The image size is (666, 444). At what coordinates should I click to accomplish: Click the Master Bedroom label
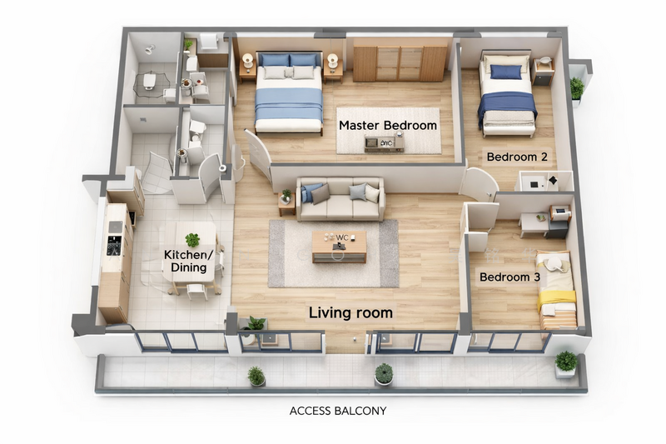(x=388, y=125)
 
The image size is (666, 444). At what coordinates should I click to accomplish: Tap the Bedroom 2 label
(x=517, y=157)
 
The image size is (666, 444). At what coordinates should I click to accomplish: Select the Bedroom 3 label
(x=509, y=277)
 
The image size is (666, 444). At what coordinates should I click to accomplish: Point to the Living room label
(x=350, y=312)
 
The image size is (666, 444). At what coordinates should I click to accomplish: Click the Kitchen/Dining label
(x=188, y=261)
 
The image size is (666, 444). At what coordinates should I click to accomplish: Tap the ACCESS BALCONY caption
(x=338, y=411)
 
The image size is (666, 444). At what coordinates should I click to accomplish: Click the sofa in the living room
(x=340, y=199)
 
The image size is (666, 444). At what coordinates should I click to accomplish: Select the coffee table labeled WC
(x=339, y=247)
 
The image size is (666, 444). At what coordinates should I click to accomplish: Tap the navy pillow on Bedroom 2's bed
(x=506, y=72)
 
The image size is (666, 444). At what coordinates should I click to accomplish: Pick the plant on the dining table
(x=192, y=240)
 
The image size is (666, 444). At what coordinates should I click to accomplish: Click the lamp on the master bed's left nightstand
(x=247, y=59)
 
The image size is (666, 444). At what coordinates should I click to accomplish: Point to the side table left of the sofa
(x=286, y=204)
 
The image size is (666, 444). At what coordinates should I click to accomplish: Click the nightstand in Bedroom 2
(x=544, y=72)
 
